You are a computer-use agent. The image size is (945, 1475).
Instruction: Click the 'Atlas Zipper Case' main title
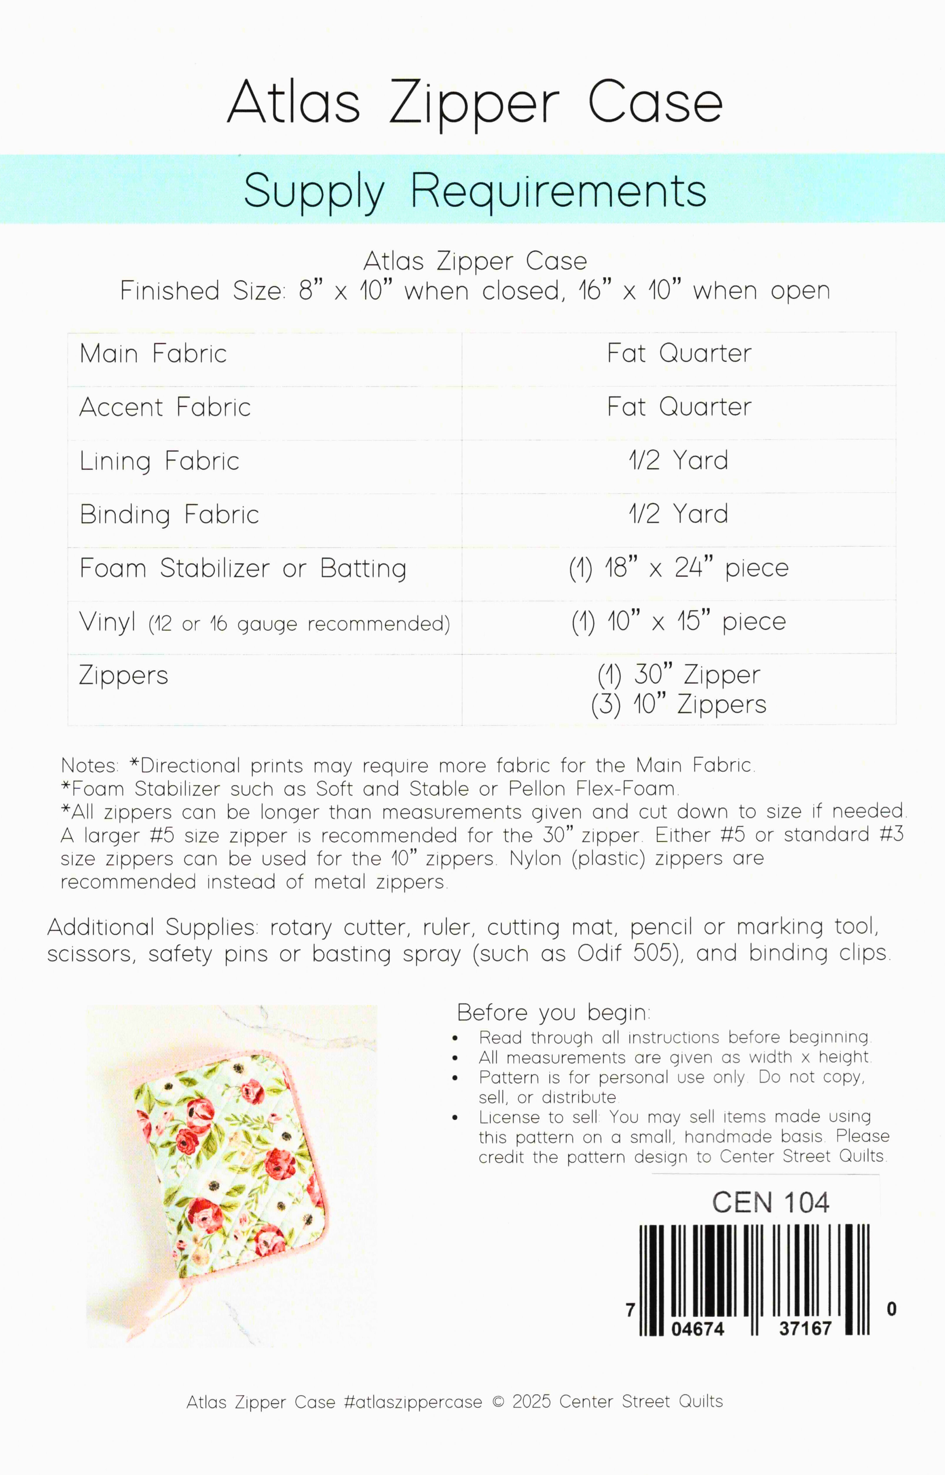[474, 102]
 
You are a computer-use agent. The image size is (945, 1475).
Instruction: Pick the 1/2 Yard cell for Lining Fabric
[679, 460]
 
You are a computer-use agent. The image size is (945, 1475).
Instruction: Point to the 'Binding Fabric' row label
[169, 514]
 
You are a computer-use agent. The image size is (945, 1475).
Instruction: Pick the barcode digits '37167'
[805, 1329]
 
